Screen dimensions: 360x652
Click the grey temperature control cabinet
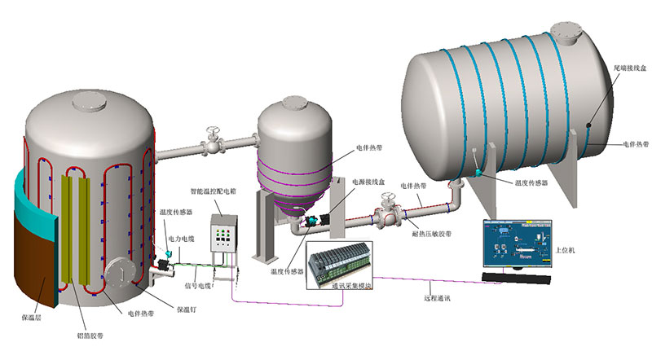tap(225, 235)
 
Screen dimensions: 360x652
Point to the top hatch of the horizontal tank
tap(566, 33)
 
